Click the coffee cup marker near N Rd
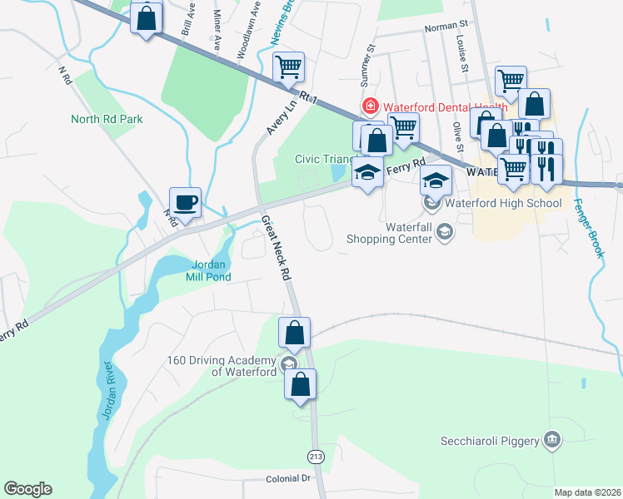[185, 202]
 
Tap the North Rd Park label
[107, 119]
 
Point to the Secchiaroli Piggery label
[490, 441]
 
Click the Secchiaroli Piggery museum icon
[551, 439]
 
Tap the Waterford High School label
[503, 203]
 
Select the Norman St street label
[441, 27]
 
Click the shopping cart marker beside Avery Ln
[288, 67]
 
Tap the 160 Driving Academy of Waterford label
[221, 366]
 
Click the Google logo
[27, 488]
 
